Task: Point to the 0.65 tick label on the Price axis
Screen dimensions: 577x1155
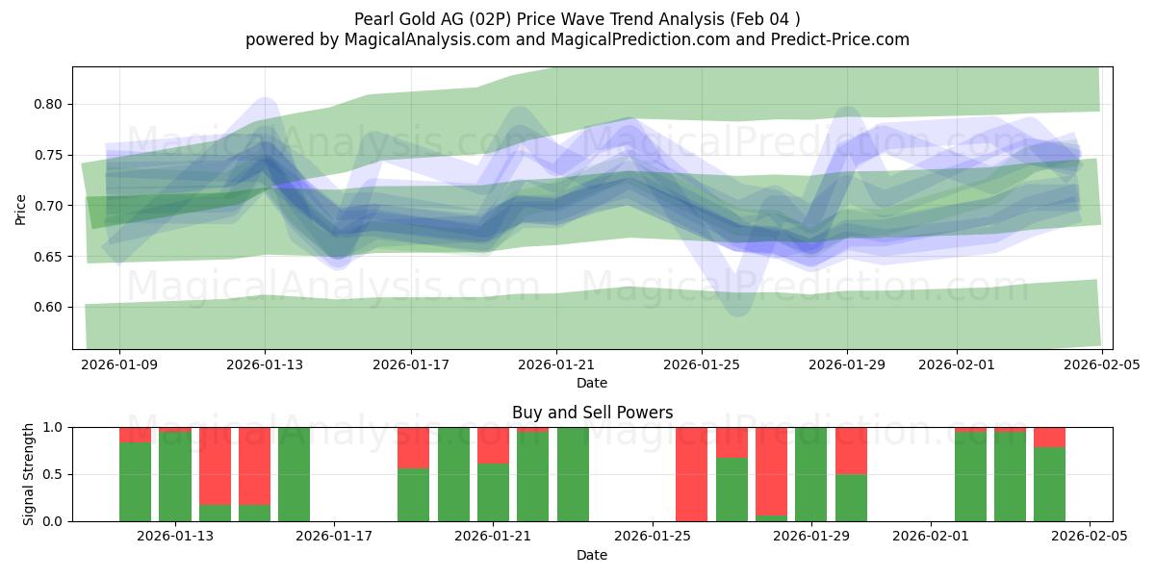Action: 49,257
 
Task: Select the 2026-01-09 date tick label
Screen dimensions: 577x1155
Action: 119,364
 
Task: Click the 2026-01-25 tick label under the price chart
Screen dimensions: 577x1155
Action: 702,364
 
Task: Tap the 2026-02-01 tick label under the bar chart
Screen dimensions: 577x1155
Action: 931,537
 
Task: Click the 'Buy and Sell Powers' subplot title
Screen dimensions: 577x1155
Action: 592,413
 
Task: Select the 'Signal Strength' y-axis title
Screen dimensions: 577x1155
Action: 29,474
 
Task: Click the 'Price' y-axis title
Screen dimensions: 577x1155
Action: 21,208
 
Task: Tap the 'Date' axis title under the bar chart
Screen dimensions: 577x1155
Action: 592,555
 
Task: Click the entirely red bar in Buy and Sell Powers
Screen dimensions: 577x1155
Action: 692,474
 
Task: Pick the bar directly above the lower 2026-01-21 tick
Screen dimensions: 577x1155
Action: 493,474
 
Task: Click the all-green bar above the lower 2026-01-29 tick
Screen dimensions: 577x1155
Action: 811,474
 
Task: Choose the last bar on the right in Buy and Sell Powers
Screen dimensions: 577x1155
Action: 1049,474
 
